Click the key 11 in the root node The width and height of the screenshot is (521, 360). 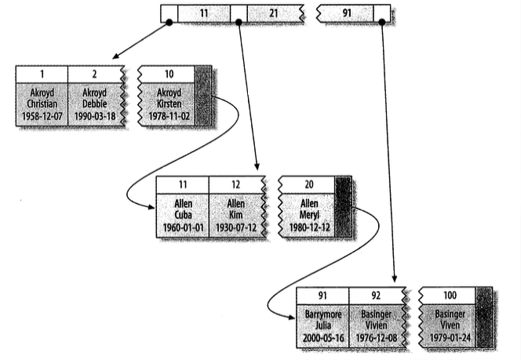click(x=205, y=14)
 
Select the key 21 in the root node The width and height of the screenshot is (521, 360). click(x=273, y=14)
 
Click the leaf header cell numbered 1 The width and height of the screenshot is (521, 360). click(x=42, y=74)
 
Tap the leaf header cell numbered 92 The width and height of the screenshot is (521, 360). click(x=374, y=296)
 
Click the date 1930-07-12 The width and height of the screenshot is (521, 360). click(x=235, y=227)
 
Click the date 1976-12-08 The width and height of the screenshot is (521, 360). click(x=374, y=338)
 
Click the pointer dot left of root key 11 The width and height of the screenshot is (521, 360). click(x=169, y=23)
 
